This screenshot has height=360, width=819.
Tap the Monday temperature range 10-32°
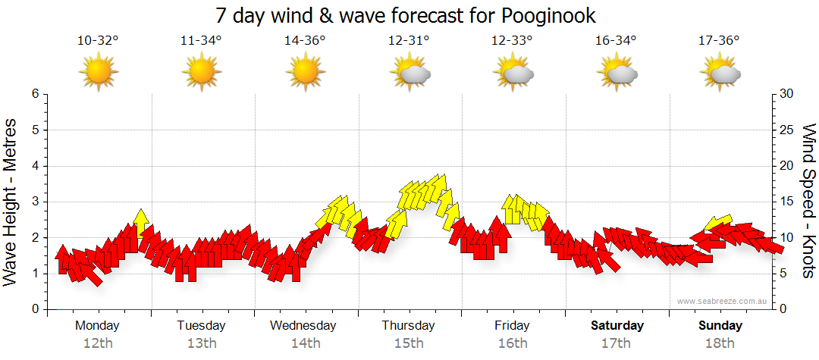(x=98, y=41)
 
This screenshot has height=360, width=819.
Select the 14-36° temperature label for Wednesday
(x=305, y=41)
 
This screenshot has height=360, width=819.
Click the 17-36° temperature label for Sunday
(x=719, y=41)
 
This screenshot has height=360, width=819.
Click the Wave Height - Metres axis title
(x=11, y=201)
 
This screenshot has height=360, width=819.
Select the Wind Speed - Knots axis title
(x=808, y=201)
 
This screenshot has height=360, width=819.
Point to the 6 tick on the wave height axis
(x=34, y=94)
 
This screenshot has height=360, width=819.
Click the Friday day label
(x=512, y=326)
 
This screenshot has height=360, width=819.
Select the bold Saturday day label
(x=617, y=326)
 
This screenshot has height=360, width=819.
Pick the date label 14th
(x=305, y=343)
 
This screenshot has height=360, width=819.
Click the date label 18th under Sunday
(x=720, y=343)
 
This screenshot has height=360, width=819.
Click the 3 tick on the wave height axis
(x=34, y=202)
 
